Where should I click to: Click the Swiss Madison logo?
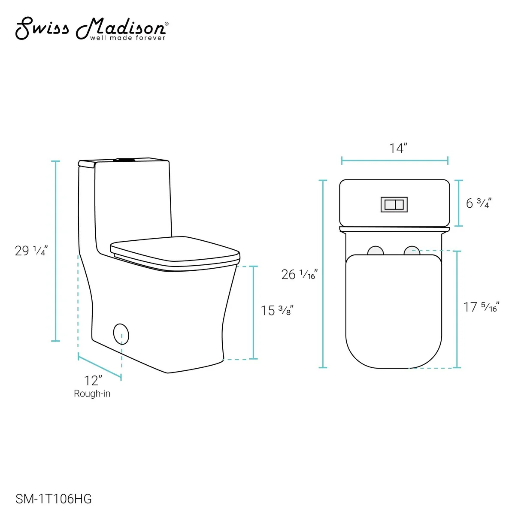point(92,29)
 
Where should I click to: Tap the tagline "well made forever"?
point(127,38)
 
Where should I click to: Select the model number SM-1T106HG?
point(54,499)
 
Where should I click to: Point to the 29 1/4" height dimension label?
point(31,251)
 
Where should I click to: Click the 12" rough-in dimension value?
point(93,381)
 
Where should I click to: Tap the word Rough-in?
point(92,394)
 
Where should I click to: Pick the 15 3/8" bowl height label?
point(277,310)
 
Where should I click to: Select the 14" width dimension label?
point(398,148)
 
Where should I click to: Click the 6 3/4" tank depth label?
point(479,203)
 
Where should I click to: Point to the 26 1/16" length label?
point(299,275)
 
